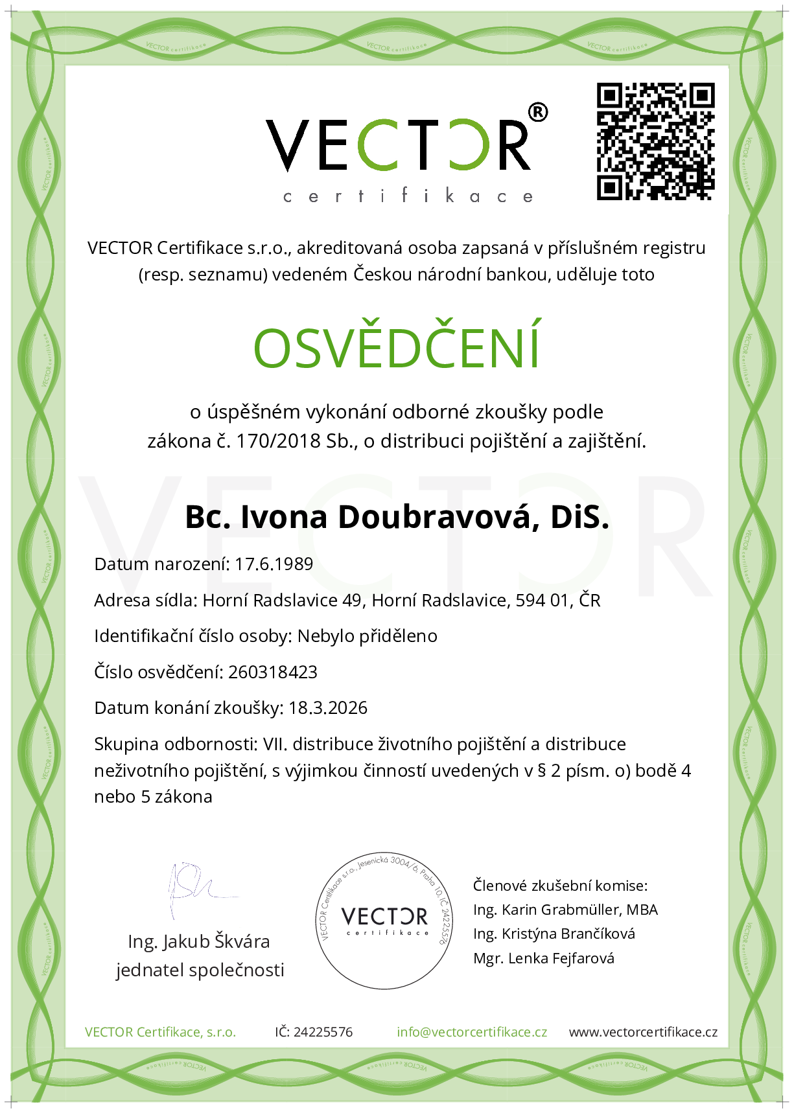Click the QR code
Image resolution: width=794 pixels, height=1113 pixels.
tap(655, 141)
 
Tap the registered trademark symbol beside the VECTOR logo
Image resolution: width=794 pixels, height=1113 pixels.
tap(538, 112)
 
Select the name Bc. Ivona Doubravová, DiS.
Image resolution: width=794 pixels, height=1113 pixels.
tap(397, 517)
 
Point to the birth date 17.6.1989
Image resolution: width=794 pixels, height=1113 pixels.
tap(274, 564)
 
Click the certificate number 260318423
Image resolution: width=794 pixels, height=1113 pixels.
tap(273, 672)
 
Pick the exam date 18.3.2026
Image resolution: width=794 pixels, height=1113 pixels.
tap(328, 708)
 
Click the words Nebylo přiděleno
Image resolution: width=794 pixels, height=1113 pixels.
tap(368, 636)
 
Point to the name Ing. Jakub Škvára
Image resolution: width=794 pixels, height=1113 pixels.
tap(199, 941)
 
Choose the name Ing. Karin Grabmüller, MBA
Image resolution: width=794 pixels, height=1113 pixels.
tap(565, 910)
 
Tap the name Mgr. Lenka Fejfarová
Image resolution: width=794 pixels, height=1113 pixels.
tap(544, 958)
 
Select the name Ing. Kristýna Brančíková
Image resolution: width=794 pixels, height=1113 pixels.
tap(554, 934)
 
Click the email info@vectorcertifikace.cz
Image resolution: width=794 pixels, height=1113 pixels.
tap(472, 1032)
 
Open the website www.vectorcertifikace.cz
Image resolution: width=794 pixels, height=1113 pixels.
tap(643, 1032)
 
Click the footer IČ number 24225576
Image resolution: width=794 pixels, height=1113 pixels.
tap(323, 1032)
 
